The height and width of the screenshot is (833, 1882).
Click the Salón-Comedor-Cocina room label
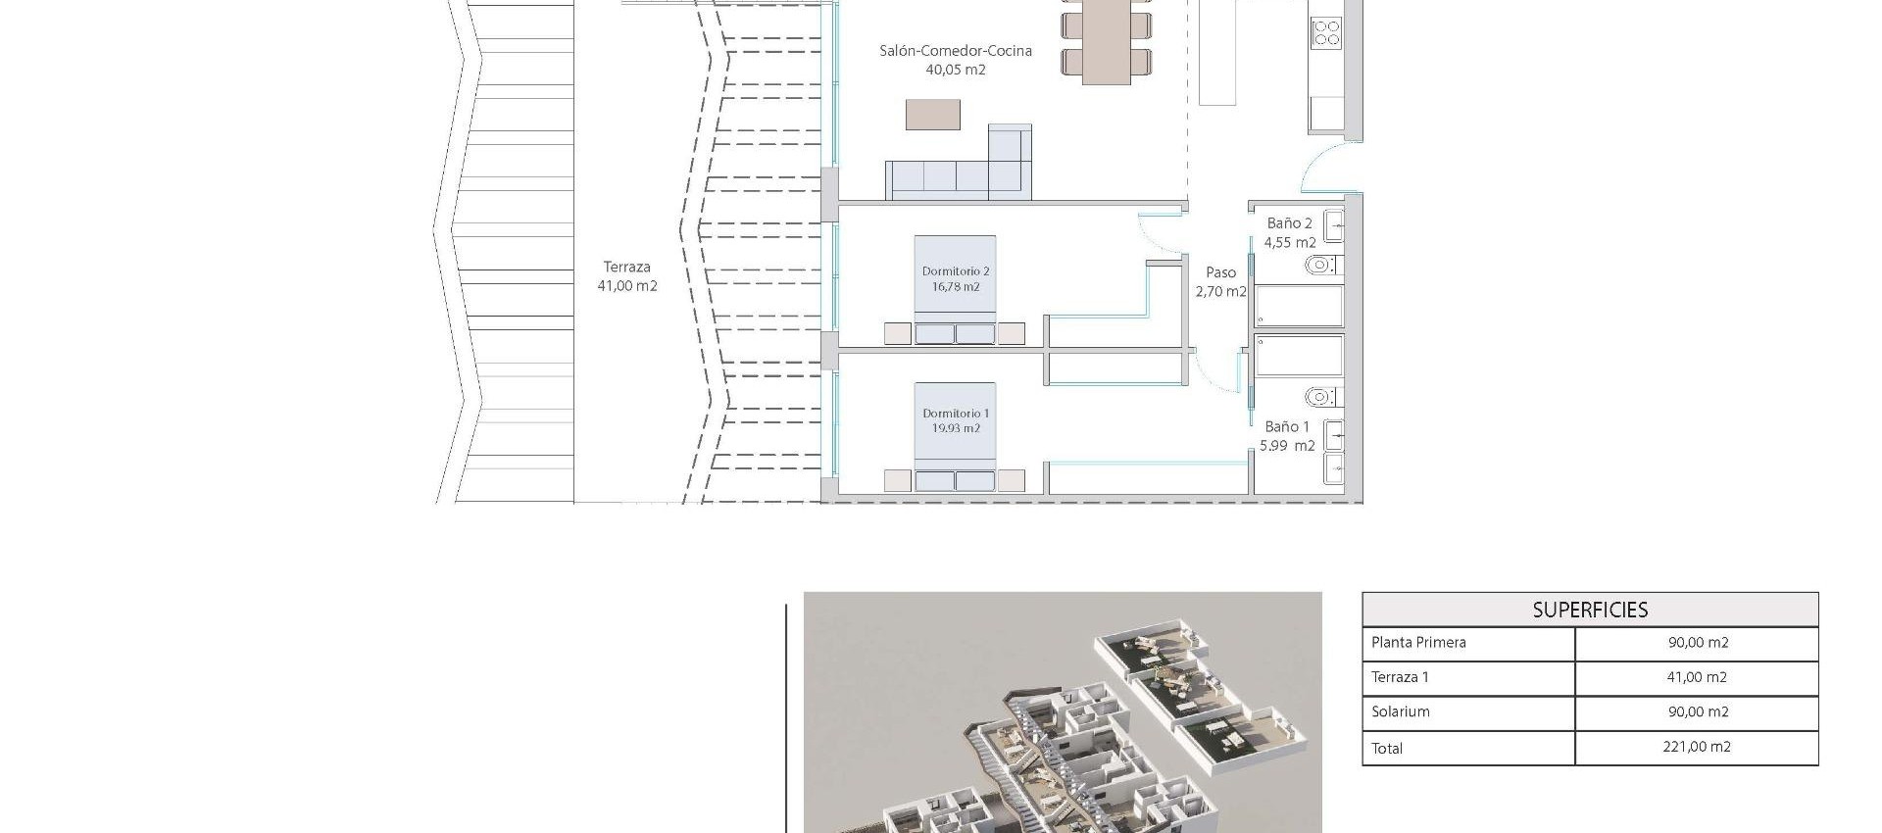tap(955, 51)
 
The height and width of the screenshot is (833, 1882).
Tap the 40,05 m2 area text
tap(955, 70)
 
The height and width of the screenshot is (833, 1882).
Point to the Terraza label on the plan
tap(626, 267)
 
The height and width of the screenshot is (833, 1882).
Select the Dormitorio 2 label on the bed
tap(956, 271)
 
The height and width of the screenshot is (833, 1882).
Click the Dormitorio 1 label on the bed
tap(956, 414)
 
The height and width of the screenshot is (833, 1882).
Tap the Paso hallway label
tap(1220, 272)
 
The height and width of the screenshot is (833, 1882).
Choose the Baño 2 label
tap(1289, 223)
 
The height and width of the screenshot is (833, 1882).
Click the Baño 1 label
tap(1287, 426)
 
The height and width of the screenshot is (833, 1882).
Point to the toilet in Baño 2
tap(1321, 265)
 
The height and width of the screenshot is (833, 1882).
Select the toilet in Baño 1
tap(1321, 397)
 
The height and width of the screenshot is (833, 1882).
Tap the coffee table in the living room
tap(932, 115)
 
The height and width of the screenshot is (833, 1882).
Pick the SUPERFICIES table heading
tap(1590, 610)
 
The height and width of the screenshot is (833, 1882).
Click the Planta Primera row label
tap(1418, 643)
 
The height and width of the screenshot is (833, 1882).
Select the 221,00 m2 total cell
tap(1697, 747)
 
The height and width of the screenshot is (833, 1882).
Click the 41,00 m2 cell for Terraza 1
tap(1697, 677)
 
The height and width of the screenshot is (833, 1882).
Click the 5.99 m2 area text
tap(1287, 446)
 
